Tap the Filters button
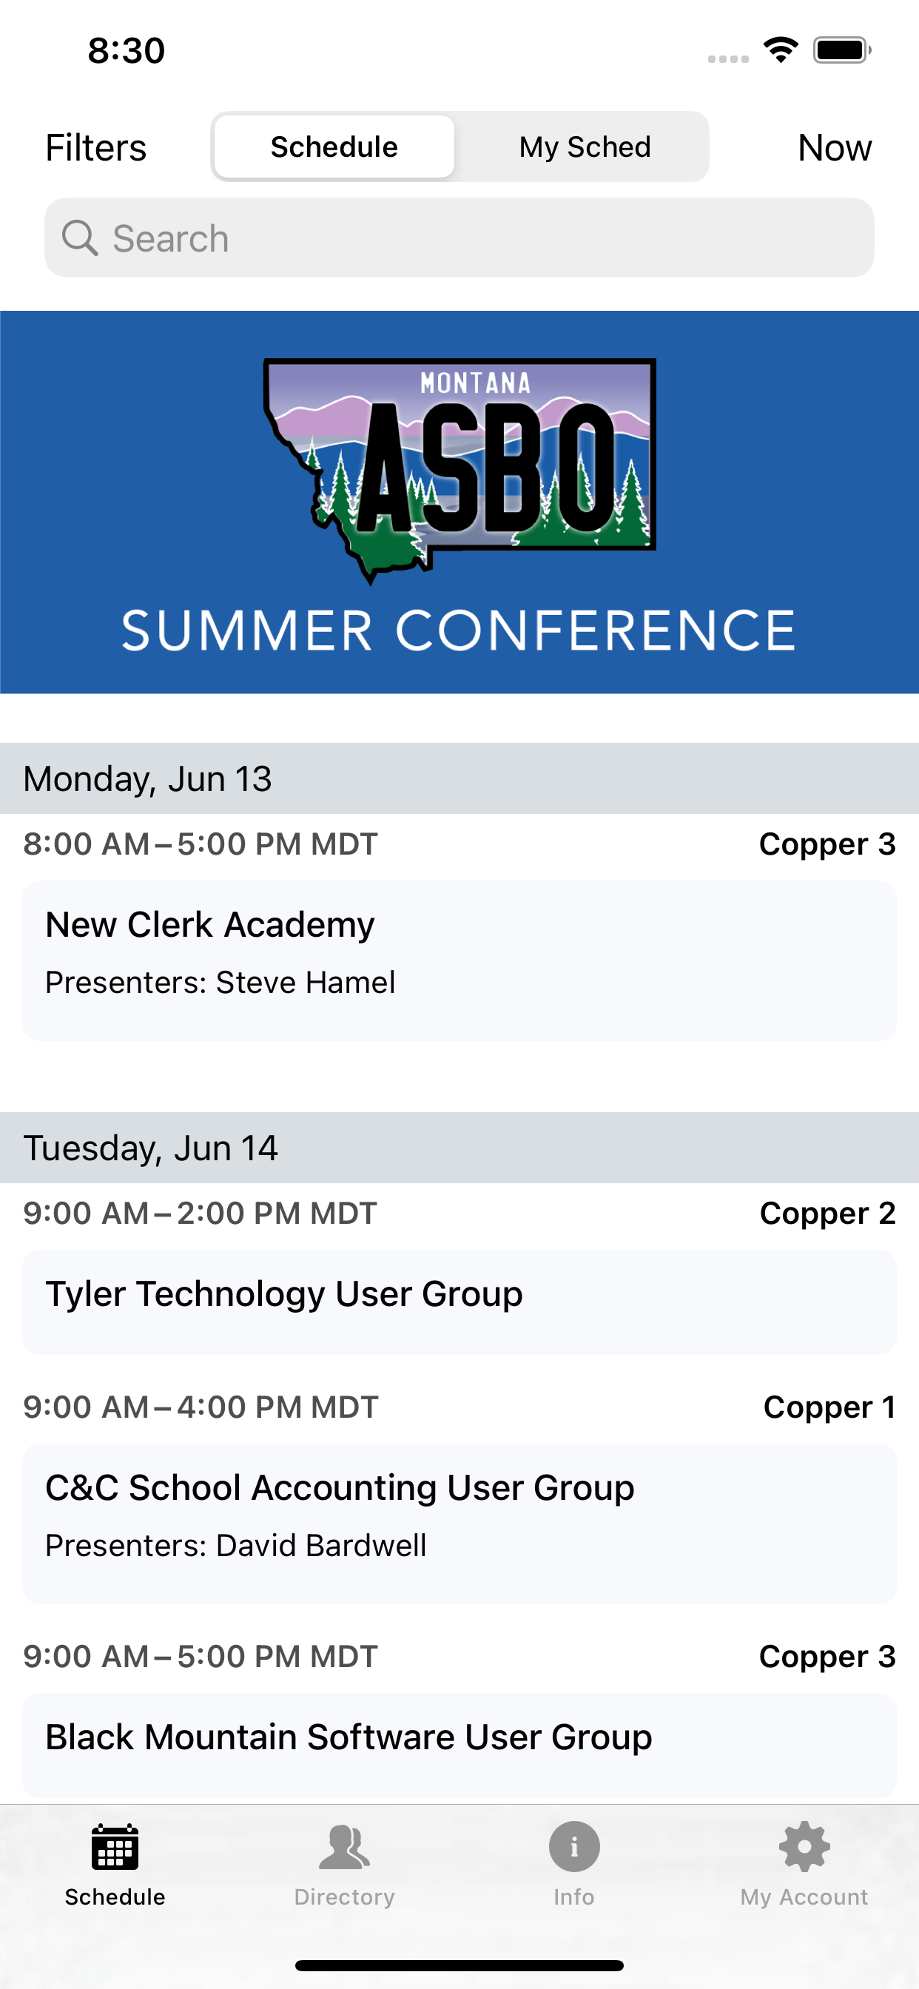click(95, 147)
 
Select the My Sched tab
click(585, 147)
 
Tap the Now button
click(834, 147)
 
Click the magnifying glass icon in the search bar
click(80, 238)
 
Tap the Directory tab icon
click(344, 1847)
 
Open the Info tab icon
click(573, 1847)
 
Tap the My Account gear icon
click(804, 1847)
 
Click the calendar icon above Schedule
click(115, 1847)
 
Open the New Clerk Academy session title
click(210, 924)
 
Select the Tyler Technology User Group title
click(284, 1293)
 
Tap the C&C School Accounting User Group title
click(340, 1487)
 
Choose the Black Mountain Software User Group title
click(349, 1737)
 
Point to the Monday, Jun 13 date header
click(147, 778)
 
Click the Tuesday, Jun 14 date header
click(151, 1148)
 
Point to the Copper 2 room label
click(827, 1213)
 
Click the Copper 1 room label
click(829, 1407)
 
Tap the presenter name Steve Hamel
click(306, 982)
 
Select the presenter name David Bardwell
click(321, 1545)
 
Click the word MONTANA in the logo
click(476, 383)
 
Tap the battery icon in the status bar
click(842, 50)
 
